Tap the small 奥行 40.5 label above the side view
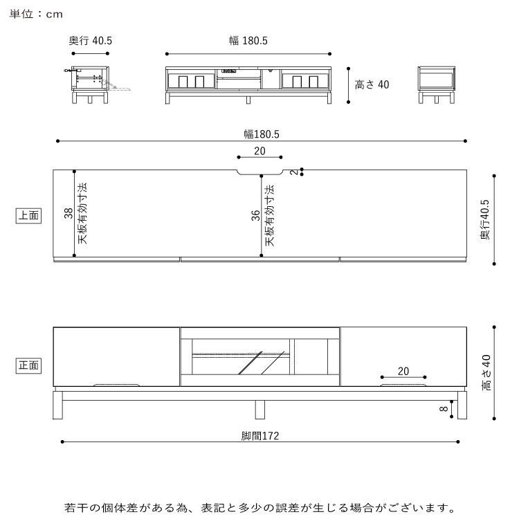[x=90, y=41]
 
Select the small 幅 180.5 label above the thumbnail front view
[x=248, y=41]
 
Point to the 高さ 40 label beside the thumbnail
[x=372, y=85]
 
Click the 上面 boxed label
[x=28, y=216]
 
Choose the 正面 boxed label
[x=28, y=365]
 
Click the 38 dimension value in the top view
[x=68, y=214]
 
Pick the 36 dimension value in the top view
[x=255, y=216]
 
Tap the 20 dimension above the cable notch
[x=259, y=151]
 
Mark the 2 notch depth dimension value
[x=294, y=172]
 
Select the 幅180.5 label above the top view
[x=260, y=134]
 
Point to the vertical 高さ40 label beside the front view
[x=486, y=373]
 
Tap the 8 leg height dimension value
[x=444, y=409]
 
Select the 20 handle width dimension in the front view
[x=404, y=372]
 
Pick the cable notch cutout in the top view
[x=259, y=172]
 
